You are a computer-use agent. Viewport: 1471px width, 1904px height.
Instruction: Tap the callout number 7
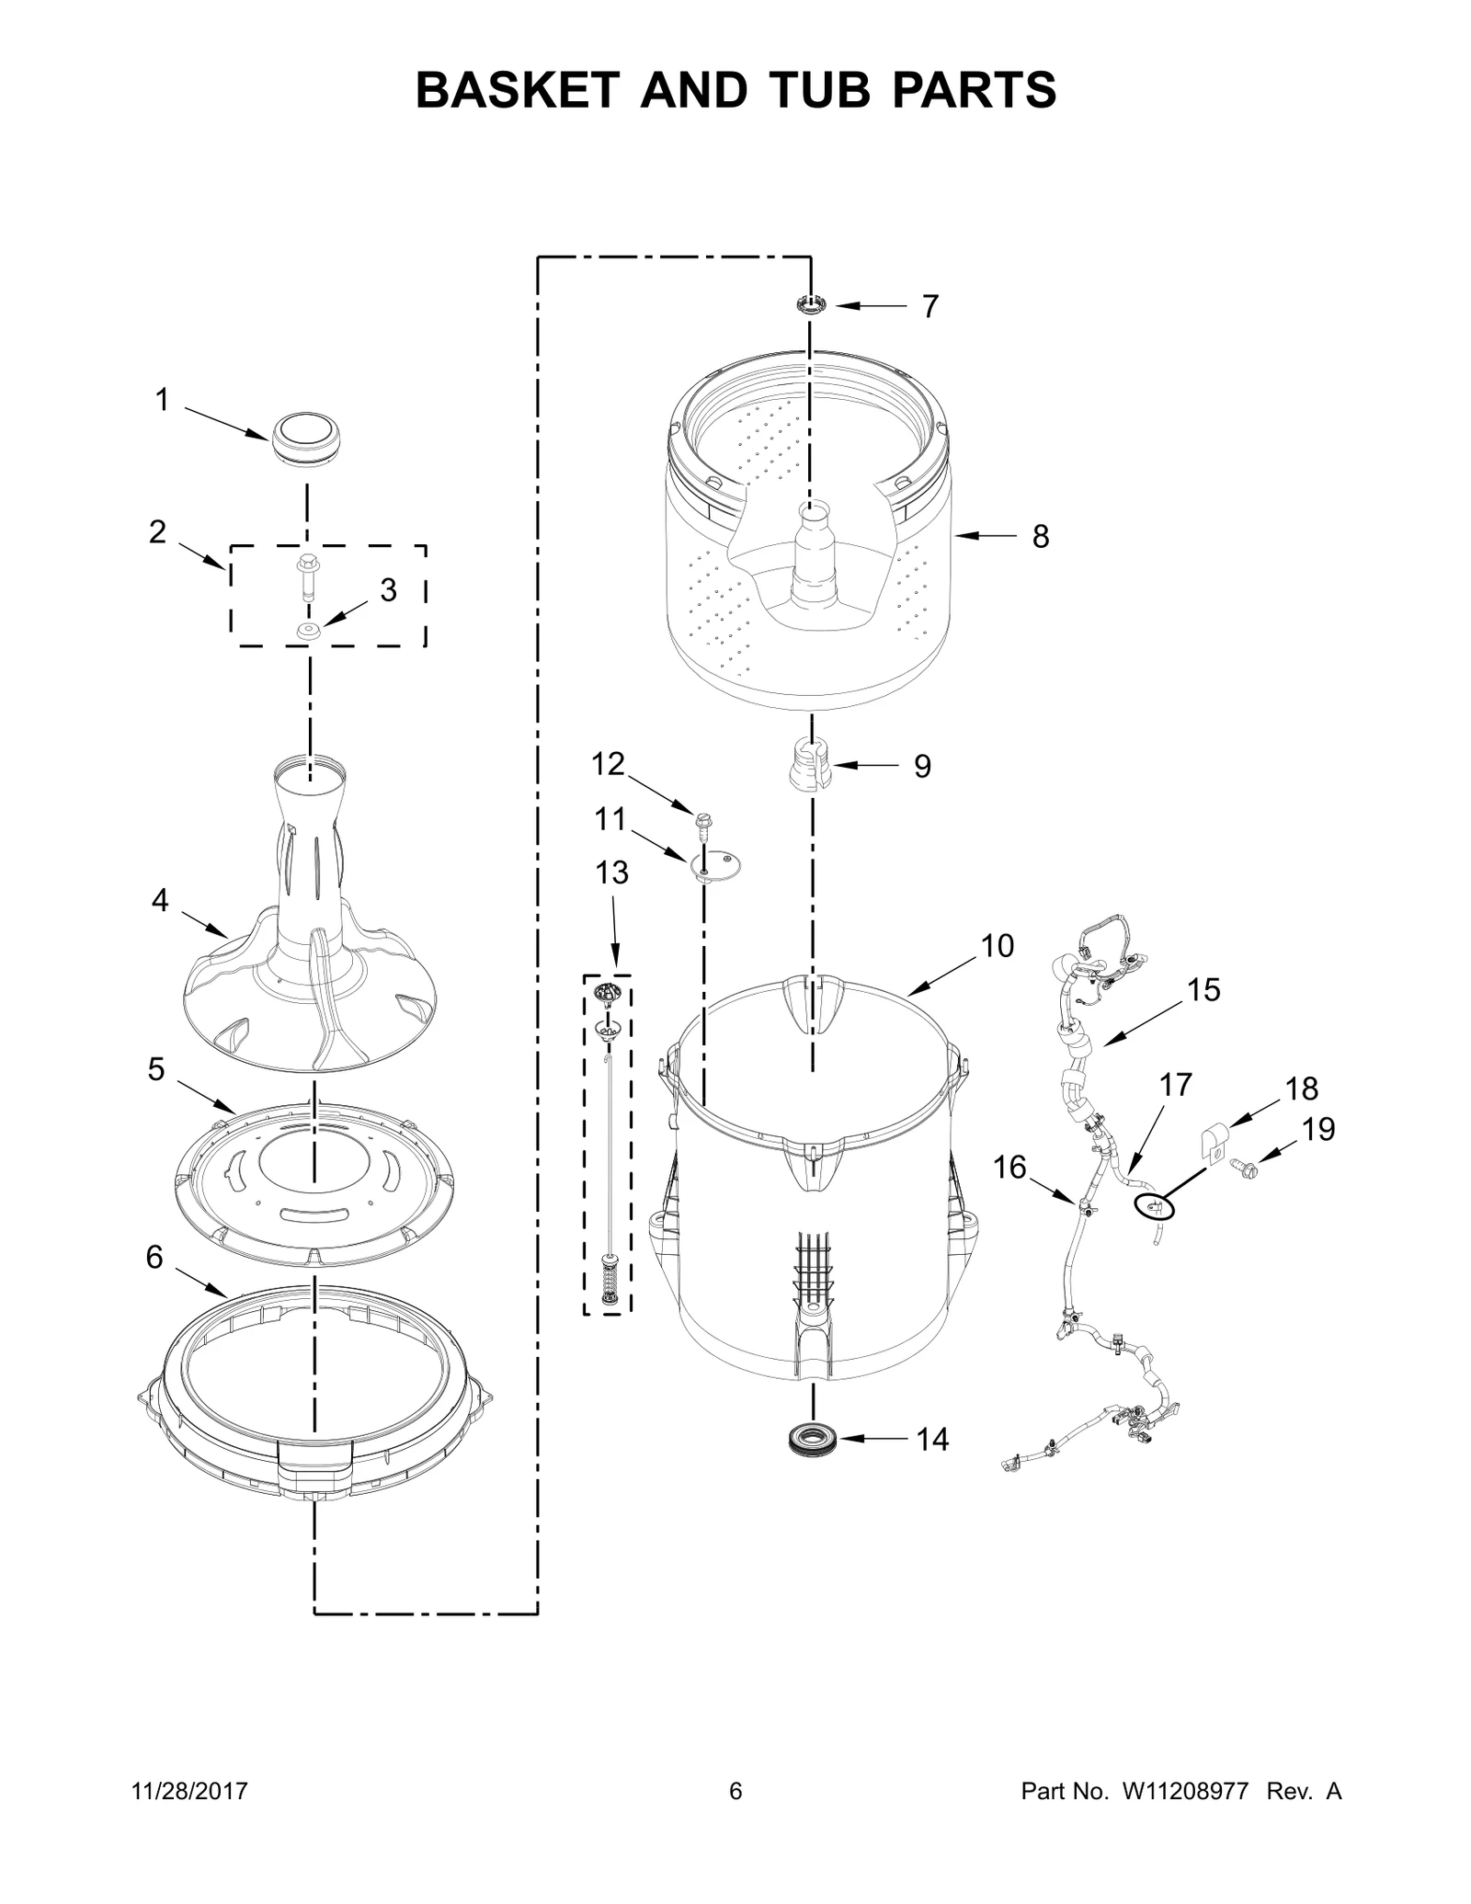(x=930, y=307)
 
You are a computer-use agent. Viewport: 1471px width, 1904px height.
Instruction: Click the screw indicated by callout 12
(x=704, y=826)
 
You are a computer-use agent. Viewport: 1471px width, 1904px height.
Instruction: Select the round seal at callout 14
(x=813, y=1439)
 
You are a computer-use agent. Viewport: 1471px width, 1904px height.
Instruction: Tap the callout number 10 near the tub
(x=997, y=945)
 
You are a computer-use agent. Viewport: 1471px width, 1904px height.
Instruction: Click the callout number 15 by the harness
(x=1203, y=990)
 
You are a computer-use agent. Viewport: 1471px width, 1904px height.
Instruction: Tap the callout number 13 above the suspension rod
(x=611, y=872)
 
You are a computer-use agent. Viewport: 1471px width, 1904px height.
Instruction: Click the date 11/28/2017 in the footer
(x=190, y=1791)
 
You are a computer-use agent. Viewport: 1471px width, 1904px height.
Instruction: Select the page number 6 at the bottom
(x=735, y=1791)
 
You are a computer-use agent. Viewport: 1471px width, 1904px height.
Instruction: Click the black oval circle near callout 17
(x=1152, y=1206)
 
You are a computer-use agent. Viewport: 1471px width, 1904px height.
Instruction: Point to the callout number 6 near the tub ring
(x=154, y=1257)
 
